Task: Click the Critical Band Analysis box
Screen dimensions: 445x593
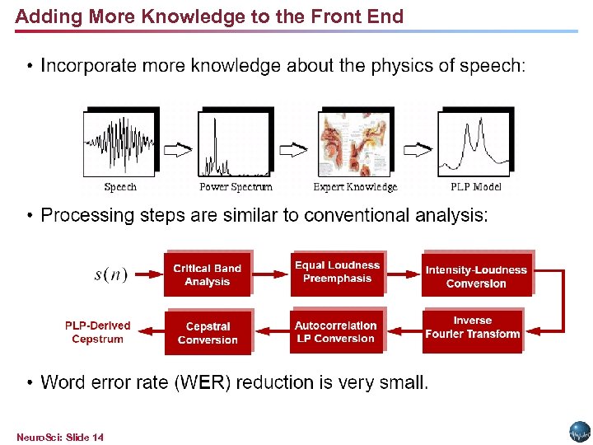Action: pos(207,275)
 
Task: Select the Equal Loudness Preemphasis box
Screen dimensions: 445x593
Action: pos(337,273)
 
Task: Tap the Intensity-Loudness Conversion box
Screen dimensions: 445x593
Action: pos(476,276)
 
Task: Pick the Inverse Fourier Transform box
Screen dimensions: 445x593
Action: pos(473,328)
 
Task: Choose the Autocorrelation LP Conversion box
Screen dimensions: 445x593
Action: pos(336,332)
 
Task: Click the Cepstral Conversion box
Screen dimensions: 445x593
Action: pos(208,333)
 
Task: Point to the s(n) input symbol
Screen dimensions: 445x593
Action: pos(110,275)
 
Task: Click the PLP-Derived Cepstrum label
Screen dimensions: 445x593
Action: pos(97,332)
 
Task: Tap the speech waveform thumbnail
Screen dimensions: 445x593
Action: pos(120,143)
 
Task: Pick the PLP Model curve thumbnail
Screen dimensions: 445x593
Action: pos(475,143)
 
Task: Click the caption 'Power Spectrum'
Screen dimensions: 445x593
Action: pos(236,187)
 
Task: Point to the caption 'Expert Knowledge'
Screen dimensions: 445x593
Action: pos(355,187)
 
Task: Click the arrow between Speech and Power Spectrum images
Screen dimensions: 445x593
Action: pos(178,150)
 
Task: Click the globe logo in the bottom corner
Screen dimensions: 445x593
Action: pos(580,432)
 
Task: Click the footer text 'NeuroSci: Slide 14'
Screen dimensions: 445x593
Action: pos(60,437)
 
